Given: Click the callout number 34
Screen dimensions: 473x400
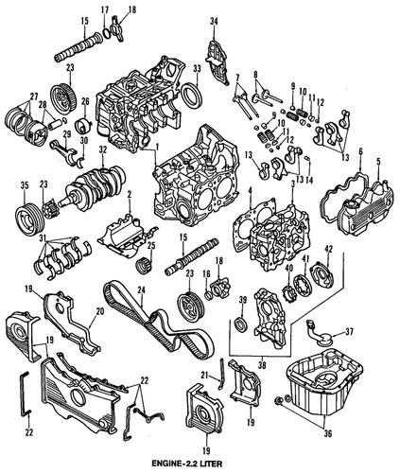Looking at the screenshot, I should (213, 21).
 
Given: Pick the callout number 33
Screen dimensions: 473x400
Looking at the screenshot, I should (197, 69).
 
